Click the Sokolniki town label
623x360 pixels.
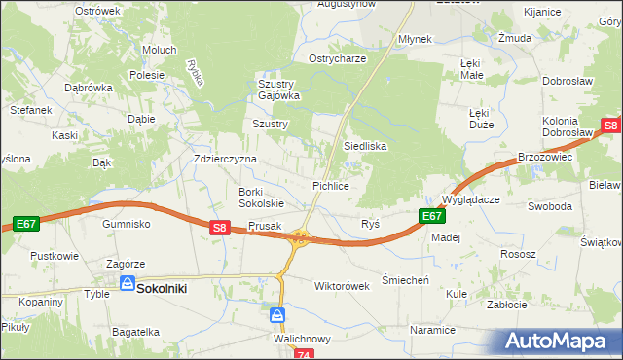[161, 289]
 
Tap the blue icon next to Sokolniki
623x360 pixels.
[128, 283]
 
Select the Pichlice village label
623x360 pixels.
[331, 185]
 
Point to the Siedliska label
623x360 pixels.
[365, 146]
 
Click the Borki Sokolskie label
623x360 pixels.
[261, 198]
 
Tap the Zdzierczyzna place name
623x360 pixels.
[225, 159]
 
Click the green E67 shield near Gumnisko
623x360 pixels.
[26, 225]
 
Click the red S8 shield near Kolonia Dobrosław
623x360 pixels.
[610, 126]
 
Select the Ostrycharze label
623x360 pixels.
[337, 58]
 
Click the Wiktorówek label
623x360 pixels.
[342, 287]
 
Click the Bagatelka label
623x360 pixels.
[135, 332]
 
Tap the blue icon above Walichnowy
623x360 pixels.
[277, 315]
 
